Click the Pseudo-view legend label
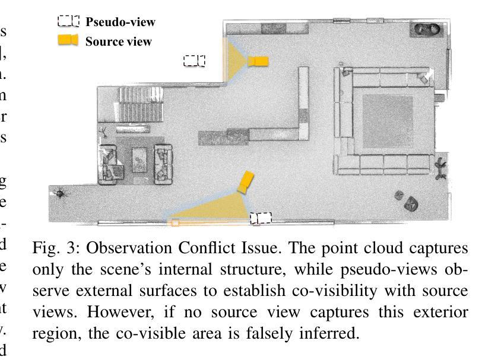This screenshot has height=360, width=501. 120,22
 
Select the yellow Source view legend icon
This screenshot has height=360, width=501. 68,40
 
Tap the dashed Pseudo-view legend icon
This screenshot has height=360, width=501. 68,21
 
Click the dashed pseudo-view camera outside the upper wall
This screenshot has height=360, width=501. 194,60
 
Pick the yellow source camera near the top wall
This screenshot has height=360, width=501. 258,61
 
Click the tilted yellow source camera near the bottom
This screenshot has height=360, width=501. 245,182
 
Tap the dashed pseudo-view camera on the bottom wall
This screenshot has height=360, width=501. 261,219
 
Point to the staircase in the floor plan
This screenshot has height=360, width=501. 140,105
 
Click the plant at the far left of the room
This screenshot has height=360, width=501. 61,193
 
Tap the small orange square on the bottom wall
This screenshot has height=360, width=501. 175,223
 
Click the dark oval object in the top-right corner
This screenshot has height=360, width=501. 428,28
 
